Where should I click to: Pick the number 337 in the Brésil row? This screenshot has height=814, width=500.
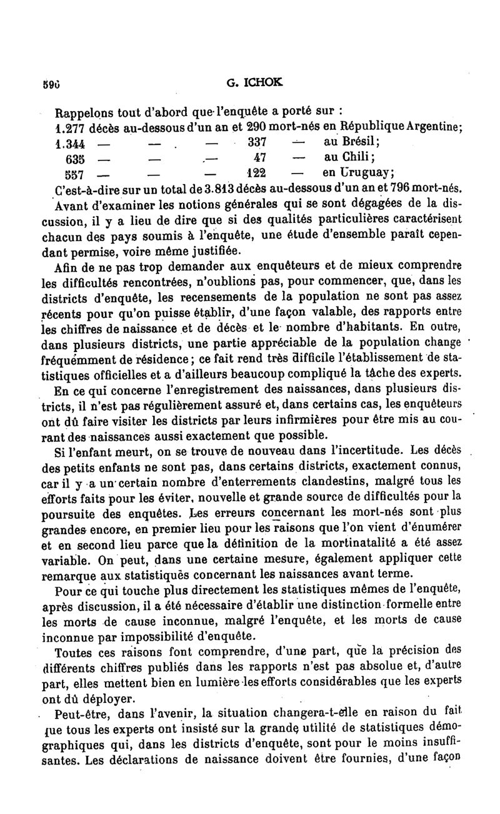(x=258, y=142)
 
